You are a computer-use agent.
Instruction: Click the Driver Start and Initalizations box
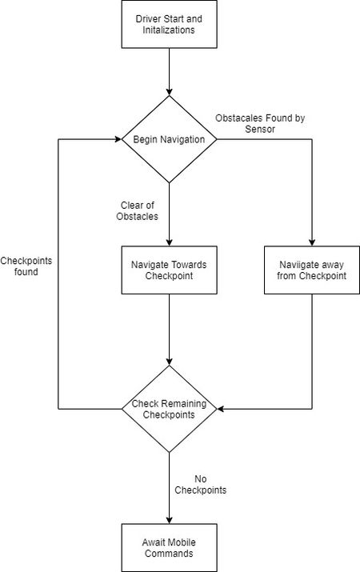click(170, 24)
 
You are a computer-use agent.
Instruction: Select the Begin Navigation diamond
click(170, 139)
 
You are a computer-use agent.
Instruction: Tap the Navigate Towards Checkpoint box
click(170, 270)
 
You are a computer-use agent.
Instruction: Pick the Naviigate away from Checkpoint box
click(312, 270)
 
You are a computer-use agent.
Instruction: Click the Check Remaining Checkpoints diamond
click(170, 409)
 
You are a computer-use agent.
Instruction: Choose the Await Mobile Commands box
click(170, 547)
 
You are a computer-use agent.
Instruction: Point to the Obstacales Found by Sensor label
click(260, 123)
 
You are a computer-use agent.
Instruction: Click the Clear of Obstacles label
click(137, 211)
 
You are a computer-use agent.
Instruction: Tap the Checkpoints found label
click(26, 266)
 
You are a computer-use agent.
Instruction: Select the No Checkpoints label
click(200, 485)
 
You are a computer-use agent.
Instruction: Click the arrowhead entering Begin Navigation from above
click(170, 92)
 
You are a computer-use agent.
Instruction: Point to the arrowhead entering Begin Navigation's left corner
click(118, 139)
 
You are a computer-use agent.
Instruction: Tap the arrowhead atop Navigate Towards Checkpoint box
click(170, 242)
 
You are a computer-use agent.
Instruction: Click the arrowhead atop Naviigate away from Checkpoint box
click(312, 242)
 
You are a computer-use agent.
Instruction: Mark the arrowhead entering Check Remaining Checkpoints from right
click(221, 409)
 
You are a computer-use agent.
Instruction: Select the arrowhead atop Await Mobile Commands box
click(170, 520)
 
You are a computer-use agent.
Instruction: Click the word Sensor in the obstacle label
click(260, 129)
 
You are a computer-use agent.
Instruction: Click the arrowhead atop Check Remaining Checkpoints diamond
click(170, 362)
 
